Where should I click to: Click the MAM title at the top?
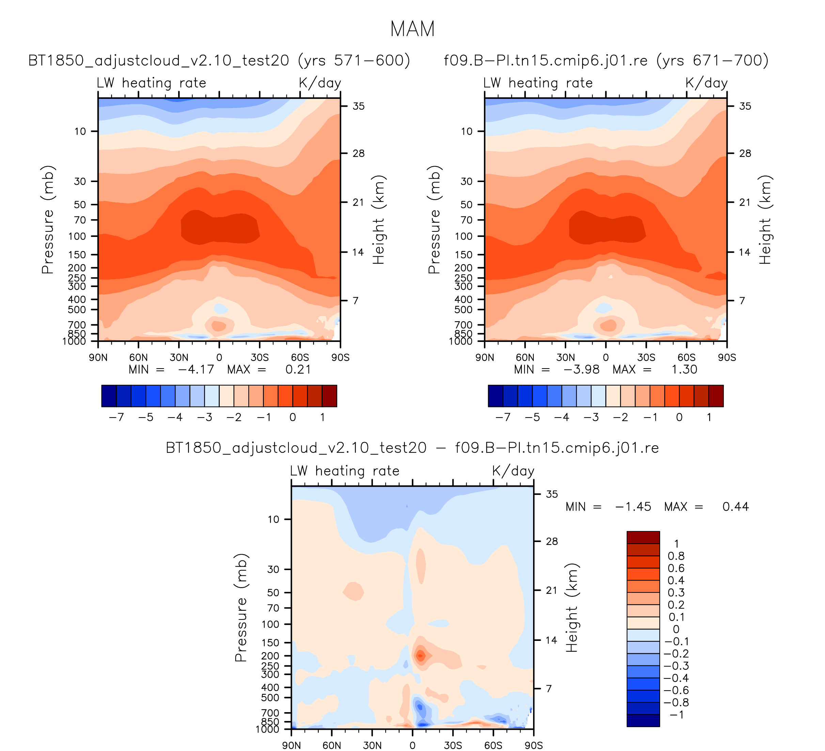pos(412,29)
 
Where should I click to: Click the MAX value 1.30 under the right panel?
pos(684,369)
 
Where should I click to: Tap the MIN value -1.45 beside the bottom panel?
pos(633,507)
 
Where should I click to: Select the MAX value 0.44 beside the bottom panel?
pos(735,507)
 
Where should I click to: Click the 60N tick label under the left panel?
pos(138,358)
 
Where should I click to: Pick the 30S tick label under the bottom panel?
pos(453,745)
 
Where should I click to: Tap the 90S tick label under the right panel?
pos(727,358)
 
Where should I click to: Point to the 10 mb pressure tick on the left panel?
pos(80,132)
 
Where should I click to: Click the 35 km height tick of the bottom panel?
pos(551,494)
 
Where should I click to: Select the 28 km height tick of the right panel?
pos(745,153)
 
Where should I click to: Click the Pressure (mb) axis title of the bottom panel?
pos(241,608)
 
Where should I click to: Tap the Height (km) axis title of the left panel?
pos(379,220)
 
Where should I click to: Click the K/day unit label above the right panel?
pos(706,83)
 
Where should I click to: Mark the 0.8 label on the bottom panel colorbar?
pos(676,556)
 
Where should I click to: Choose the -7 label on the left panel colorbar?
pos(116,417)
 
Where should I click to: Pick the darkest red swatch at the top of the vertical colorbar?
pos(643,537)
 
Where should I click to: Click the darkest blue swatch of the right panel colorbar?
pos(495,396)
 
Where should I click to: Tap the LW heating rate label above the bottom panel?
pos(345,471)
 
